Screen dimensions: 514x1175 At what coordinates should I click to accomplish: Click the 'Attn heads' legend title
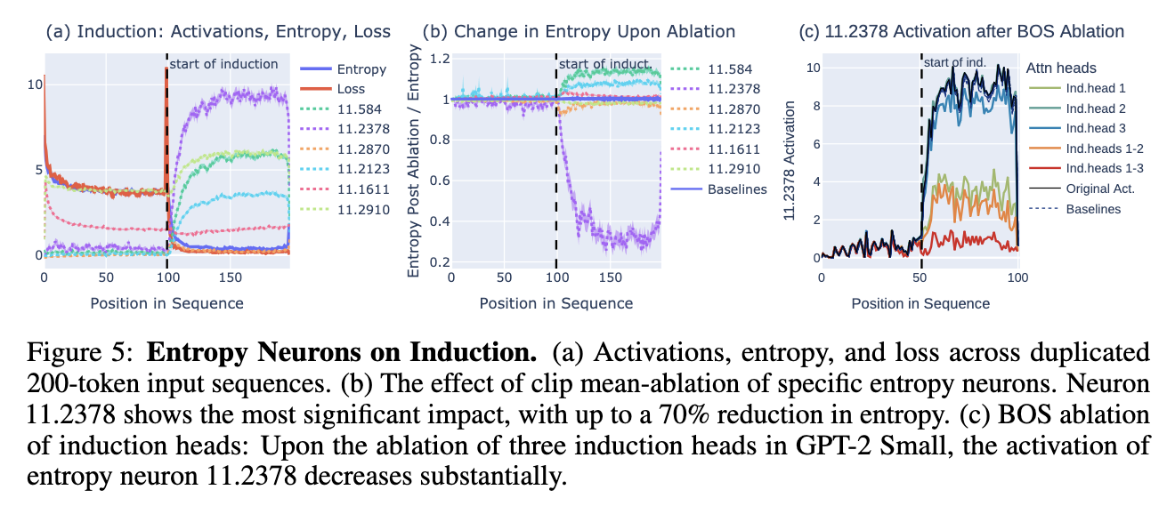pos(1060,68)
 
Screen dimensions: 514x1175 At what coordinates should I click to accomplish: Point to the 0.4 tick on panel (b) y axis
pos(435,221)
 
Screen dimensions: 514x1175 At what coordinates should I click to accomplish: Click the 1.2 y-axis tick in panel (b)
pos(435,59)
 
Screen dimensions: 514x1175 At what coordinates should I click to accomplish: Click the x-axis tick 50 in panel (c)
pos(920,277)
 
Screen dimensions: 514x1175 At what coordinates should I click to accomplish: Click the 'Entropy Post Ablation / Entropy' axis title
pos(414,164)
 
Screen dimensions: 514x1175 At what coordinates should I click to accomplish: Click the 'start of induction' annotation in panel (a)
pos(223,64)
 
